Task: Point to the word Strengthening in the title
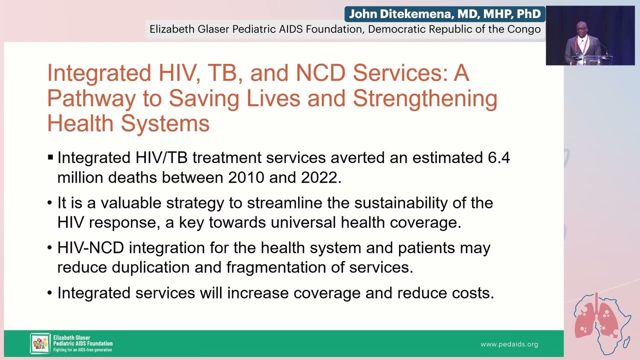coord(425,98)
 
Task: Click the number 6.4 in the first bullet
coord(498,157)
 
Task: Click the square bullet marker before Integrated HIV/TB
coord(50,157)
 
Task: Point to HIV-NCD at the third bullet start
coord(90,247)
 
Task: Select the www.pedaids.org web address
coord(509,344)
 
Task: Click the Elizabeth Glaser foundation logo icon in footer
coord(40,343)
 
